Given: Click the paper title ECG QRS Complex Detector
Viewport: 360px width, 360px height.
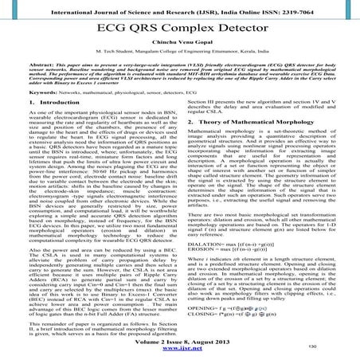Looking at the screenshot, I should tap(180, 26).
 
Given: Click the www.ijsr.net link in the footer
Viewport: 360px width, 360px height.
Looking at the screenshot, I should tap(180, 354).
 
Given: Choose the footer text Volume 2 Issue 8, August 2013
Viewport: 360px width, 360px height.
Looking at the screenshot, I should tap(180, 345).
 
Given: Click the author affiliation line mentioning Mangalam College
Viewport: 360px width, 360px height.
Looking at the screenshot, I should tap(180, 58).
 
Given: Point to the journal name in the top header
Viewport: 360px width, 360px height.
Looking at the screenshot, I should tap(151, 7).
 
